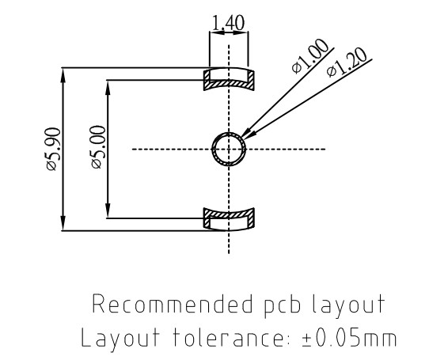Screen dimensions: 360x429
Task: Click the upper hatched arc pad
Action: click(x=230, y=78)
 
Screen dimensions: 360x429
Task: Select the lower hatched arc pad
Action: click(x=230, y=217)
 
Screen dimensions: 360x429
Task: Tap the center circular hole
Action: click(x=230, y=148)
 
